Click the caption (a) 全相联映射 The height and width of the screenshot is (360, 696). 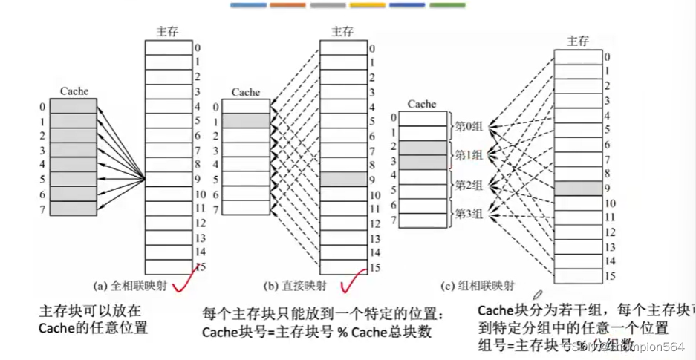(133, 285)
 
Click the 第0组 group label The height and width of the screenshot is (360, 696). (469, 127)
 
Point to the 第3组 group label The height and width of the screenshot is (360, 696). (469, 214)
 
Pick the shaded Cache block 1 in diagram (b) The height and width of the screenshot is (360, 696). (245, 120)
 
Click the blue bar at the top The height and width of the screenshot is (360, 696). (247, 5)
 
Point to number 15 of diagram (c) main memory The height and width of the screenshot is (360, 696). (608, 275)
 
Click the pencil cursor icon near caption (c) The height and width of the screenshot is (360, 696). (537, 296)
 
